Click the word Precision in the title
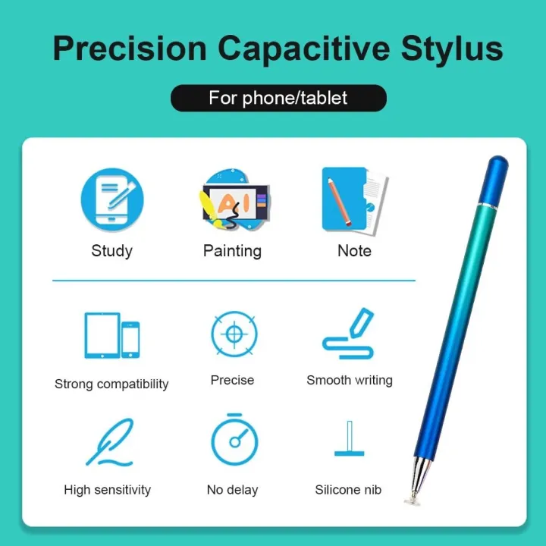click(x=128, y=48)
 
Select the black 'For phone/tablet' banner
click(x=278, y=99)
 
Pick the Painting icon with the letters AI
click(x=233, y=199)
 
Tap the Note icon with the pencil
click(x=354, y=199)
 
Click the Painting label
click(x=232, y=250)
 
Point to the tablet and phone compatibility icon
click(x=111, y=335)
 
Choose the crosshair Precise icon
click(x=233, y=334)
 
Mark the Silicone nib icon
click(x=350, y=440)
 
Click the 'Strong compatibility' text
click(x=111, y=384)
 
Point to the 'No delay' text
click(x=232, y=490)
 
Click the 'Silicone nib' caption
click(x=349, y=490)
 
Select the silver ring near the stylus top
click(x=491, y=204)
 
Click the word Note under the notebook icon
click(x=354, y=250)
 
